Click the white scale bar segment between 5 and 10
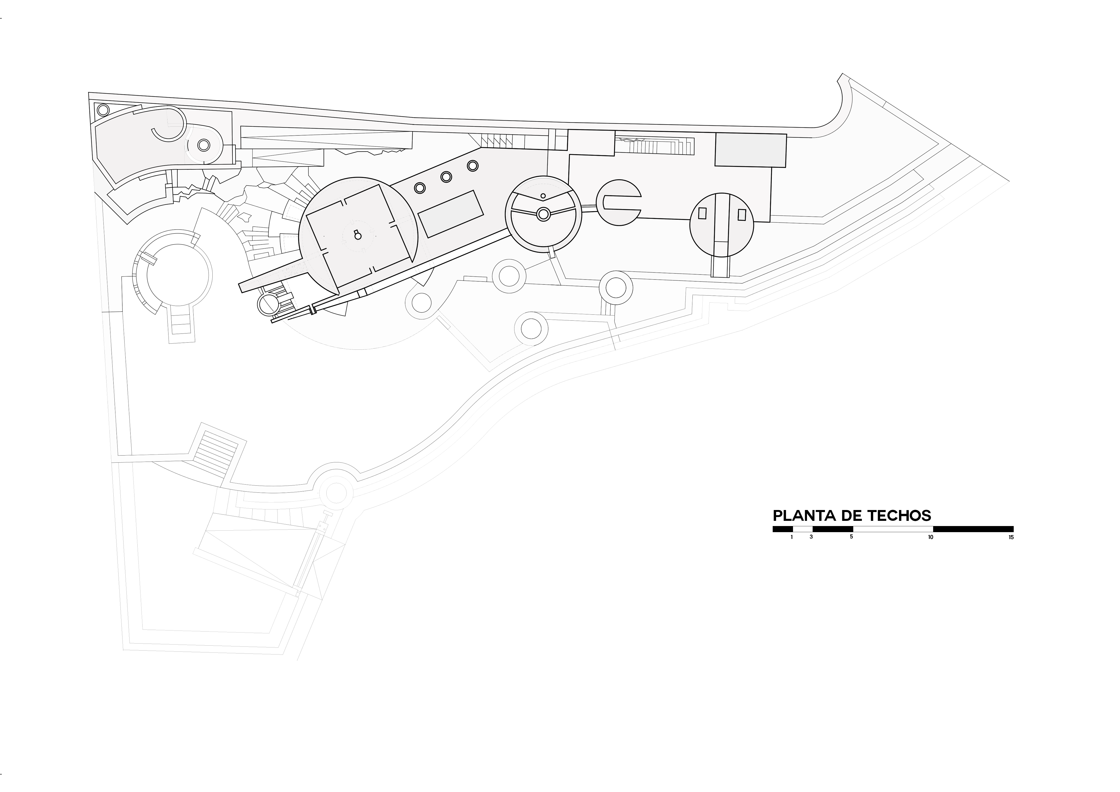coord(893,529)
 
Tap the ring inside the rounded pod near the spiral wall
coord(203,145)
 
